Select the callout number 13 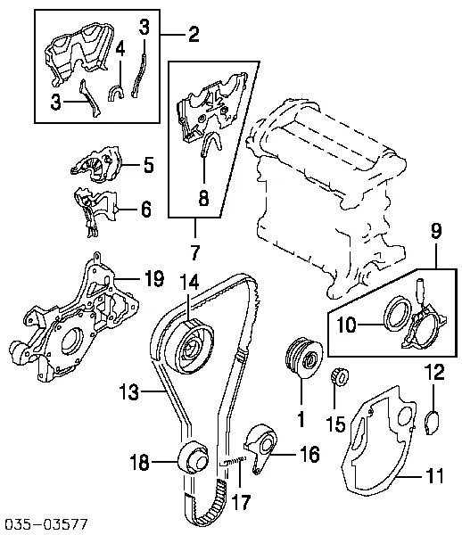pyautogui.click(x=129, y=390)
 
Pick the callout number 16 pyautogui.click(x=309, y=455)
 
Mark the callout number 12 pyautogui.click(x=434, y=374)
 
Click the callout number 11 pyautogui.click(x=433, y=476)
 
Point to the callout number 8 pyautogui.click(x=204, y=200)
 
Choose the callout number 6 pyautogui.click(x=145, y=210)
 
